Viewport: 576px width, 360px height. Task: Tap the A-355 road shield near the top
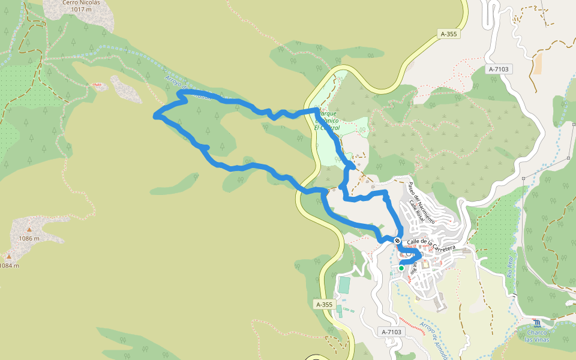pos(448,34)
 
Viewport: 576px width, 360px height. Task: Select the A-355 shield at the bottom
pos(324,304)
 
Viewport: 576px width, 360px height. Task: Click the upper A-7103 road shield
pos(499,69)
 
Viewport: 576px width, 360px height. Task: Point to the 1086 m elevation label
pos(28,238)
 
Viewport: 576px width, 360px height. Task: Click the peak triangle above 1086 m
pos(28,229)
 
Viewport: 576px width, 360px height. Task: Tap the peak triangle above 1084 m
pos(8,257)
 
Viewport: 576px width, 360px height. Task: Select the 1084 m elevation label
pos(9,265)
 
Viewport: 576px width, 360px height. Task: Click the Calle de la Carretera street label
pos(431,244)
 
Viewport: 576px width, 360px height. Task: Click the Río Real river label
pos(511,265)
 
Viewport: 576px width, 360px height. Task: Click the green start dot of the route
pos(401,268)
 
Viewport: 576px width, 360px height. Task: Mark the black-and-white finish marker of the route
pos(397,241)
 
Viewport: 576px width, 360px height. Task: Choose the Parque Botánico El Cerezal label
pos(328,120)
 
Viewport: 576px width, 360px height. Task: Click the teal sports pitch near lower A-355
pos(344,284)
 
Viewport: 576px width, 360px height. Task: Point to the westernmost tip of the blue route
pos(155,115)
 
